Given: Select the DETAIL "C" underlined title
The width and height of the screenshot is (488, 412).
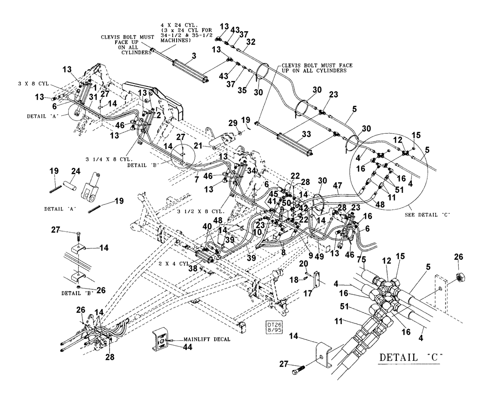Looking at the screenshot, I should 410,358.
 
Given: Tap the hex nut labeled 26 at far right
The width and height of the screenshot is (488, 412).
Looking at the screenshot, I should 459,278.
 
